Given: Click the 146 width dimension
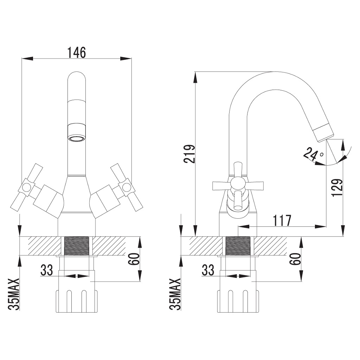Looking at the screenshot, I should [x=76, y=52].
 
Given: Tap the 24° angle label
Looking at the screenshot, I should [x=314, y=154].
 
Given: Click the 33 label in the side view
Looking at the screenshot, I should [x=208, y=270].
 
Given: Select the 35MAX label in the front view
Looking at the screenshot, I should [x=14, y=295].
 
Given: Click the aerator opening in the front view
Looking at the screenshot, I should [x=76, y=138].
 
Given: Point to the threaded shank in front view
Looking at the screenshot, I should [x=76, y=246].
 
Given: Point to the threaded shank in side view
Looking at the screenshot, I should [x=238, y=246].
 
